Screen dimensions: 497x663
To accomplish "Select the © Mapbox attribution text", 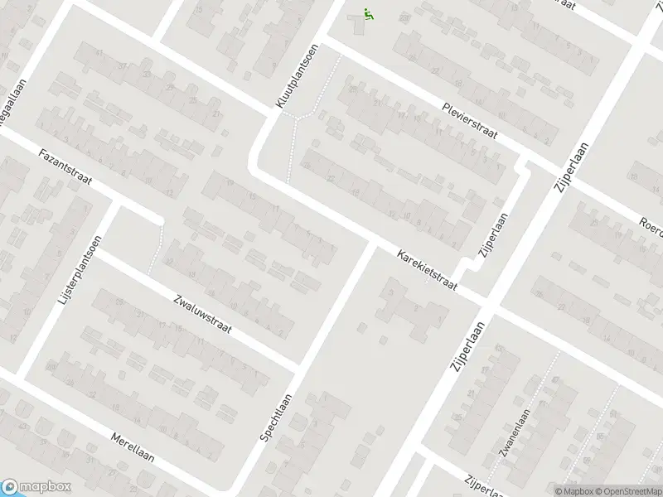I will [573, 491].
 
